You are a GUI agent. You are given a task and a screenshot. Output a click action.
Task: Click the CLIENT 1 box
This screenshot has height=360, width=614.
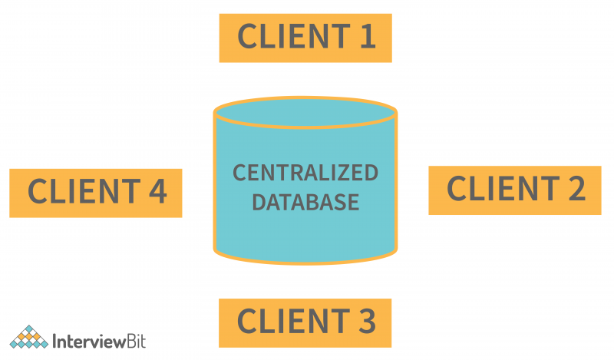pos(305,37)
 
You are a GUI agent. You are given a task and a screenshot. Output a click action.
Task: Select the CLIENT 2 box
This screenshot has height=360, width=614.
pos(514,190)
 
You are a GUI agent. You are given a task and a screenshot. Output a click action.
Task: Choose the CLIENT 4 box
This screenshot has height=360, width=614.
pos(96,193)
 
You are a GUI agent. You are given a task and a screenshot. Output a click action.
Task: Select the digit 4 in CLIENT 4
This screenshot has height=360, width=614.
pos(156,192)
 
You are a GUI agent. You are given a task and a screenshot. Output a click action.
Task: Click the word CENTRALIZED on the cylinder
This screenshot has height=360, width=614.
pos(305,173)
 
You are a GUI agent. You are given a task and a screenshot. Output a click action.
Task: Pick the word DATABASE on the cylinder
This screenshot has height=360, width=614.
pos(305,202)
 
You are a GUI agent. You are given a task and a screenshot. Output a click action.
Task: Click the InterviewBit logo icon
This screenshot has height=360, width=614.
pos(28,338)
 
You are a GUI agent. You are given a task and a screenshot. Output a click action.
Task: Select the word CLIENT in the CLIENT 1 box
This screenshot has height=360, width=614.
pos(287,37)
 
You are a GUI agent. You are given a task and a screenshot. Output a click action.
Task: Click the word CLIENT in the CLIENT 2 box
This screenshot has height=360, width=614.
pos(497,189)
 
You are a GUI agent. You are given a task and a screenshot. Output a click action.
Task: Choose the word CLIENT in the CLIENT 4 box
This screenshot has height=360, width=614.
pos(78,192)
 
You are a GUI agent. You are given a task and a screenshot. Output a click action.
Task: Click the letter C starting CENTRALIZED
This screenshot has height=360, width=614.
pos(239,173)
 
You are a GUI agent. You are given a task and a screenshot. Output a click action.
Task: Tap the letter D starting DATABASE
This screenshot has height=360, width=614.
pos(259,202)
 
